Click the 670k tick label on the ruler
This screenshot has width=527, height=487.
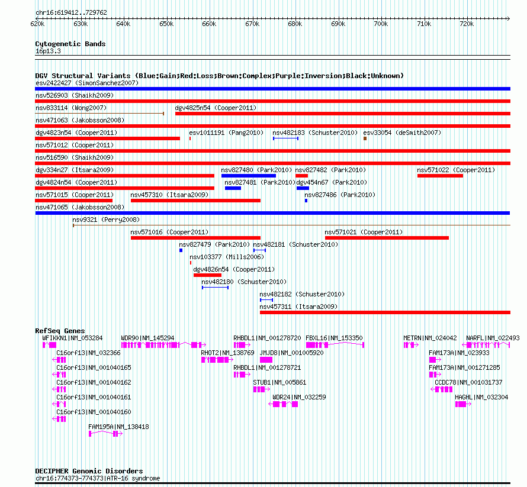(252, 24)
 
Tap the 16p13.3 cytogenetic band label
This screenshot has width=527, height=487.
(48, 51)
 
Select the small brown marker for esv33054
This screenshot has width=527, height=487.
(365, 138)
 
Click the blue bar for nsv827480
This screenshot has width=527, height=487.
(248, 176)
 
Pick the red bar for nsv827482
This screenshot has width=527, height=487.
(301, 176)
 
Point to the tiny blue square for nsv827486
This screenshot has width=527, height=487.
(306, 201)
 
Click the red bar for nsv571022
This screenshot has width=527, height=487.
(440, 176)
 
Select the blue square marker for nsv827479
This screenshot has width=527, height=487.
(181, 250)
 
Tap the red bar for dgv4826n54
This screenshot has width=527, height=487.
(207, 275)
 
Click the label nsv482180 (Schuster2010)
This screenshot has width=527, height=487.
(244, 282)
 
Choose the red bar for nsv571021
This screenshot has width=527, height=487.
(387, 238)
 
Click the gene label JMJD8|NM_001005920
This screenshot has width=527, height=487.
(291, 353)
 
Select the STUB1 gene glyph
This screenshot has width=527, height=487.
(262, 389)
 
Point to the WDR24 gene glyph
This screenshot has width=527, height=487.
(283, 404)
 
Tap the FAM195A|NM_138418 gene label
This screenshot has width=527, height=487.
(118, 427)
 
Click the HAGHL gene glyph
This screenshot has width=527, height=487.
(463, 404)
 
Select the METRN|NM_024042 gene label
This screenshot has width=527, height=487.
(430, 338)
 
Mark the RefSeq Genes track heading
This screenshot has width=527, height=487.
(60, 331)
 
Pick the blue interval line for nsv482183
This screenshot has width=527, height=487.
(285, 138)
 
